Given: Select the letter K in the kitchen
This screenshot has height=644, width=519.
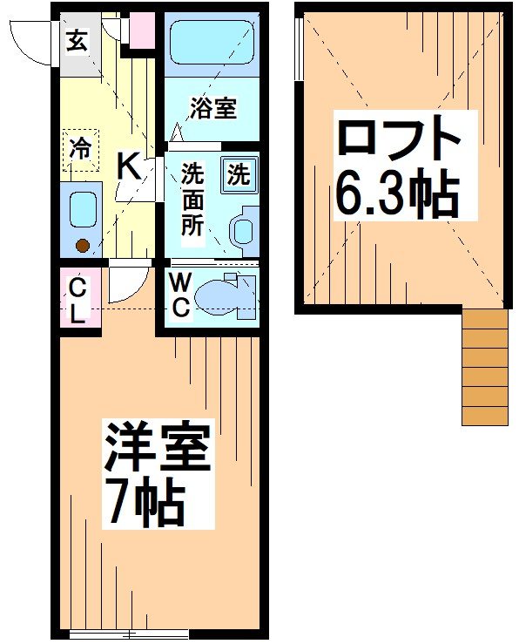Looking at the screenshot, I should click(x=129, y=165).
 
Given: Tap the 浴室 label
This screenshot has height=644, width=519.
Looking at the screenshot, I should click(x=213, y=109).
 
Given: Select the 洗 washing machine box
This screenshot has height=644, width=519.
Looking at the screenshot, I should click(x=238, y=173).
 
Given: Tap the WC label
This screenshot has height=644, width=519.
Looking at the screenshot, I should click(x=181, y=296).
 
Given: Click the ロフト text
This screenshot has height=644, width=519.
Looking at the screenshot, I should click(x=398, y=138).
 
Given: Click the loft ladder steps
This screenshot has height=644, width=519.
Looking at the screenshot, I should click(x=484, y=366).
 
